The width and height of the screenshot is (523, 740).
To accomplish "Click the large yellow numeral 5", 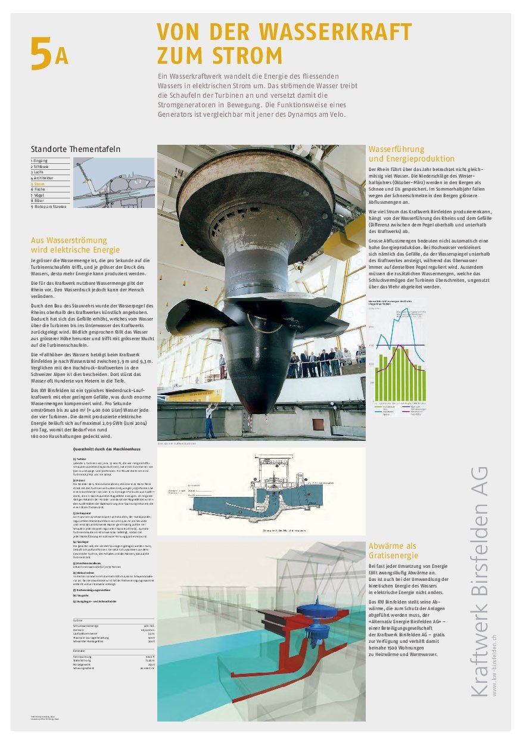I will point(41,54).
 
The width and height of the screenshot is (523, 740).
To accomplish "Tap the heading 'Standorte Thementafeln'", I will point(75,148).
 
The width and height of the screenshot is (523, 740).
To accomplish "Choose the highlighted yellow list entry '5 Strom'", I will point(40,184).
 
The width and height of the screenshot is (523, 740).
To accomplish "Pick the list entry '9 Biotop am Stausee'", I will point(49,206).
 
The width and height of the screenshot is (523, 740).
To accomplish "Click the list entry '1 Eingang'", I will point(41,161).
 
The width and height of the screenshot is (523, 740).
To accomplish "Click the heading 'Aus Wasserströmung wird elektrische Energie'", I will point(75,245).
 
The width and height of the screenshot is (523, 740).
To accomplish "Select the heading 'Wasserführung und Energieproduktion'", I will point(412,154).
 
